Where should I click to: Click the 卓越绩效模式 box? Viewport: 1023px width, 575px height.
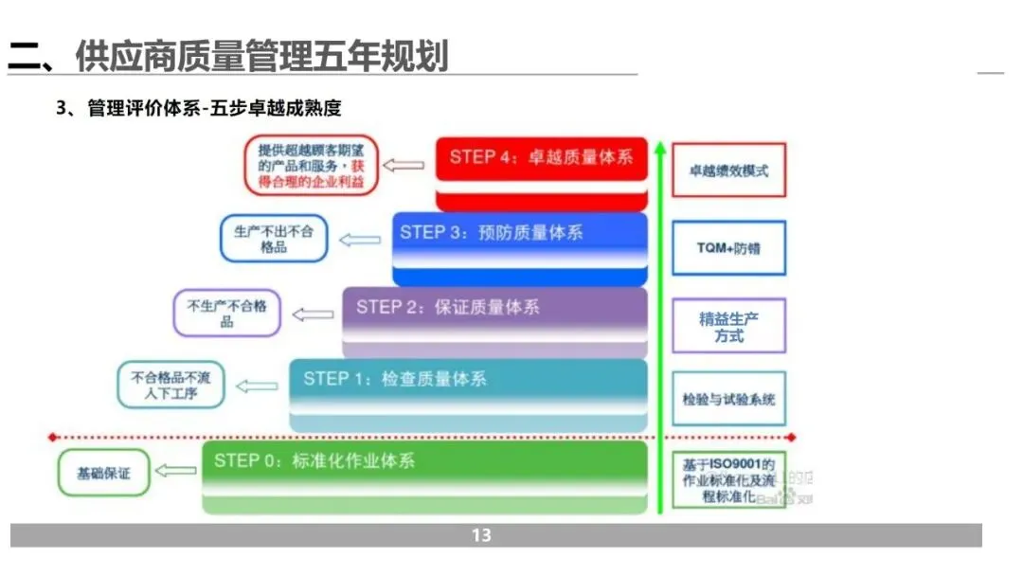pos(728,171)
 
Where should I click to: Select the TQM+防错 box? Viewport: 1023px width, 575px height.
pos(728,248)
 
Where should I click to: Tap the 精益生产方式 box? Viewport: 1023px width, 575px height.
pos(728,328)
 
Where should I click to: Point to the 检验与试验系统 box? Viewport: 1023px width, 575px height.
pos(728,399)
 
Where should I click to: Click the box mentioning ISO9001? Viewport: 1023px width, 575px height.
pos(728,479)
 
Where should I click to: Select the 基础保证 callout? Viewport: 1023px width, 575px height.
pos(103,472)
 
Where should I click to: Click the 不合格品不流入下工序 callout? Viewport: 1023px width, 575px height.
pos(170,385)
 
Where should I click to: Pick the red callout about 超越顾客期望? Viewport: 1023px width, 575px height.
pos(311,165)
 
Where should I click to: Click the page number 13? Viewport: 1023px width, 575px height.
pos(481,536)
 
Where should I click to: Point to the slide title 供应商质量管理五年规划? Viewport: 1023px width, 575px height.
pos(227,56)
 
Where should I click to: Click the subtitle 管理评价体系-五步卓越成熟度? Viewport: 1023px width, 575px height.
pos(213,109)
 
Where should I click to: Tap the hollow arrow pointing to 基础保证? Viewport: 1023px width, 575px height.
pos(176,470)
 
